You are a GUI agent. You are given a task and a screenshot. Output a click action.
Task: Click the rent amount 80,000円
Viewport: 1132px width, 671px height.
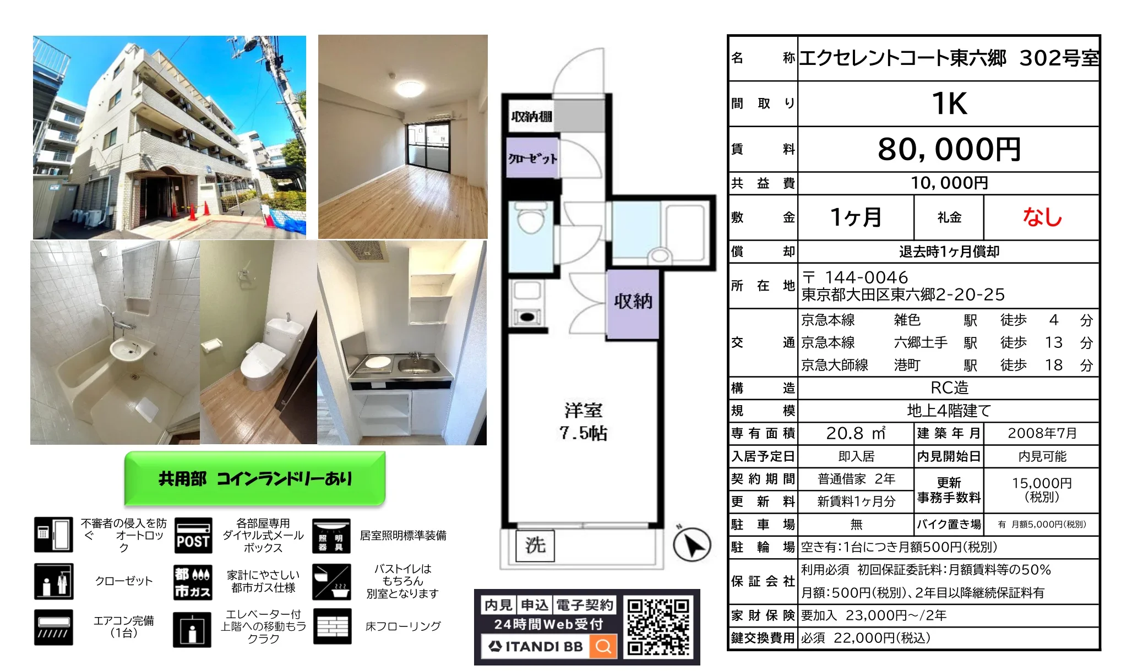tap(949, 149)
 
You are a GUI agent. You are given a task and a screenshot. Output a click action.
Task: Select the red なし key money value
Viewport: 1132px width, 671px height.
tap(1042, 217)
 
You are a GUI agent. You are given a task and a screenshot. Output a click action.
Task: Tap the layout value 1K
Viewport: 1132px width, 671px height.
tap(949, 103)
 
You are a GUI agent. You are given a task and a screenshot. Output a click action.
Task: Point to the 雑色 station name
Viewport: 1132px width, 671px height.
tap(907, 320)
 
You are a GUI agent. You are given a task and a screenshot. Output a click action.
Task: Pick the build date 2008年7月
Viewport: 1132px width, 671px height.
tap(1042, 433)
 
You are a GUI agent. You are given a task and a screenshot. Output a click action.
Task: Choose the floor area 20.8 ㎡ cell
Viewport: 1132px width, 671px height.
tap(856, 433)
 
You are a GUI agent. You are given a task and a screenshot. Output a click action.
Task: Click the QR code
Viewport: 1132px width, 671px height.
tap(658, 627)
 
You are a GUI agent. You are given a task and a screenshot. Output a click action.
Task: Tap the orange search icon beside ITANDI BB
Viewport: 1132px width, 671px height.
tap(603, 646)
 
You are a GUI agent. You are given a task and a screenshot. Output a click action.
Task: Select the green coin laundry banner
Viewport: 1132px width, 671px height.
tap(255, 478)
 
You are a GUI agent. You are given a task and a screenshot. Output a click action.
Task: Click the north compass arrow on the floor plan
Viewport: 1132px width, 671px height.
tap(692, 544)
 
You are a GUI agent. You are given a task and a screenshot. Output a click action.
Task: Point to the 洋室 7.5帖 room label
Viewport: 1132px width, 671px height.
tap(583, 422)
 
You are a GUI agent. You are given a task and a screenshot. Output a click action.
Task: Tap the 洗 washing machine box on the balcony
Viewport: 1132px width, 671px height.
tap(535, 545)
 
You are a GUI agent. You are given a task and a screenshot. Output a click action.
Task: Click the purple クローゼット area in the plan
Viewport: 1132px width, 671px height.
tap(532, 159)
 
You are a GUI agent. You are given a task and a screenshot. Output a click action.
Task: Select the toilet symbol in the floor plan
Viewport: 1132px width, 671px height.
tap(531, 220)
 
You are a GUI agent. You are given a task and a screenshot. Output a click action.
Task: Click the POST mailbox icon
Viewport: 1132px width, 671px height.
tap(193, 535)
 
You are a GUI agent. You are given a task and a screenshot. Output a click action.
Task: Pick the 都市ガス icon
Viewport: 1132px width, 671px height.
tap(192, 582)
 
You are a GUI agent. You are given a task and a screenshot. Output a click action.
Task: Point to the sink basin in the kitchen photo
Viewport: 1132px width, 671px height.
tap(418, 364)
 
